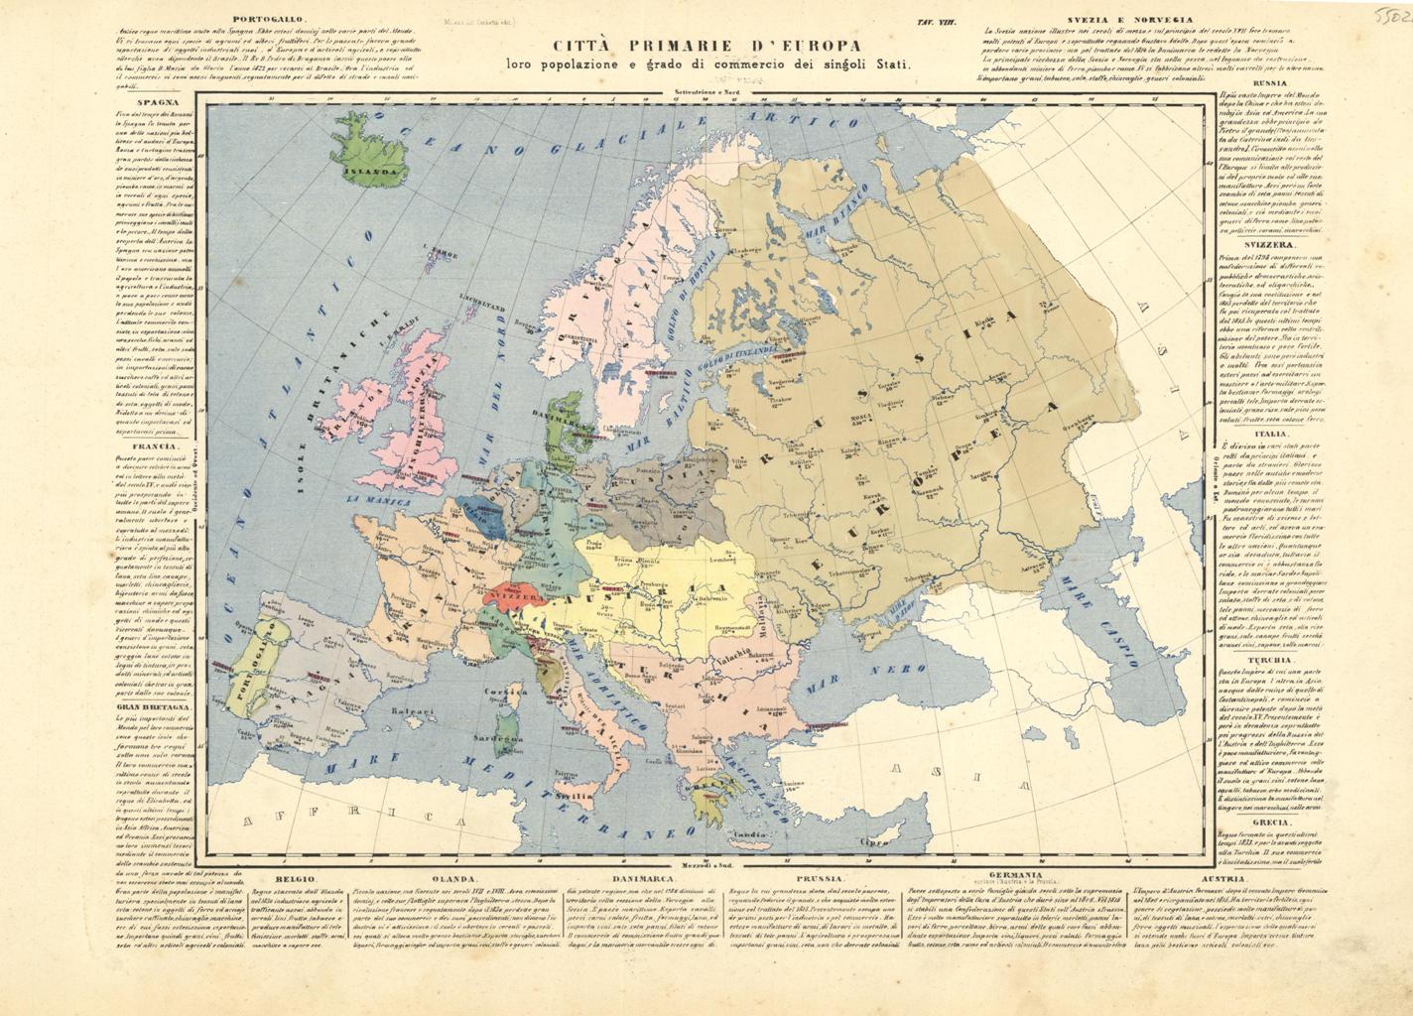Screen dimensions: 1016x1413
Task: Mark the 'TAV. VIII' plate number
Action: [938, 20]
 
